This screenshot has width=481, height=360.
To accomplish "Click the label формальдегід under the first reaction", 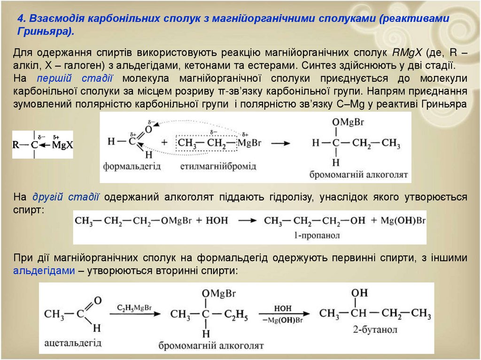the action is click(132, 166).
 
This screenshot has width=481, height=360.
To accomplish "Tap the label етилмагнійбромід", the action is click(218, 167).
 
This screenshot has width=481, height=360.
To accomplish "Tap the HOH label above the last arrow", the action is click(283, 308).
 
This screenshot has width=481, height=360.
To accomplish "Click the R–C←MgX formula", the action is click(43, 145).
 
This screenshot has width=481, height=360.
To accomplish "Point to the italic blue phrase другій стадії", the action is click(66, 197).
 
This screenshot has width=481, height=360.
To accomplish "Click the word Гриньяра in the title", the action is click(43, 31).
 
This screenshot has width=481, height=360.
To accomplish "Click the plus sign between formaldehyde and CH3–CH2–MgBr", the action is click(164, 142).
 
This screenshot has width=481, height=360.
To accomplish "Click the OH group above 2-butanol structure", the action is click(360, 293).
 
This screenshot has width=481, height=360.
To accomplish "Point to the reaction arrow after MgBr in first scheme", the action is click(280, 143).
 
